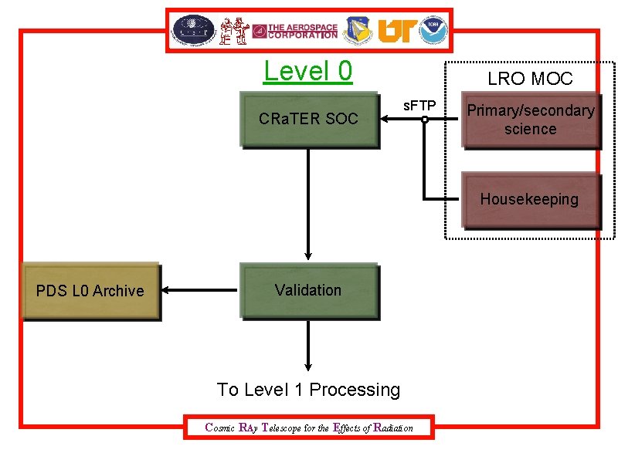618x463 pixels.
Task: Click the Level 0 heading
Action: click(307, 71)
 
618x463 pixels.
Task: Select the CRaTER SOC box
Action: click(309, 119)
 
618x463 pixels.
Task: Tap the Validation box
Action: click(308, 290)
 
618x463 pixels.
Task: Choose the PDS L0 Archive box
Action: click(90, 291)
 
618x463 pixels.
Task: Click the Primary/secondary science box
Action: click(530, 120)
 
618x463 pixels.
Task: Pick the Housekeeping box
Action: click(530, 200)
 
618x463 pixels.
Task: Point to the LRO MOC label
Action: click(530, 78)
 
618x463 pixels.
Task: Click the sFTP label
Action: click(419, 105)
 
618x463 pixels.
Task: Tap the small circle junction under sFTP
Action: click(425, 120)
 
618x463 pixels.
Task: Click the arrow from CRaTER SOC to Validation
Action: click(308, 204)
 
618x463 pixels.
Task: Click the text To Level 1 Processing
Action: click(309, 390)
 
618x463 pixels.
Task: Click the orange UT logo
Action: click(395, 30)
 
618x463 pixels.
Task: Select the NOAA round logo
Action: click(435, 30)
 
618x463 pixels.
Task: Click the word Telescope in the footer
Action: click(284, 428)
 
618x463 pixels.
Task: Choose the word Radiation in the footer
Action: click(392, 428)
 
